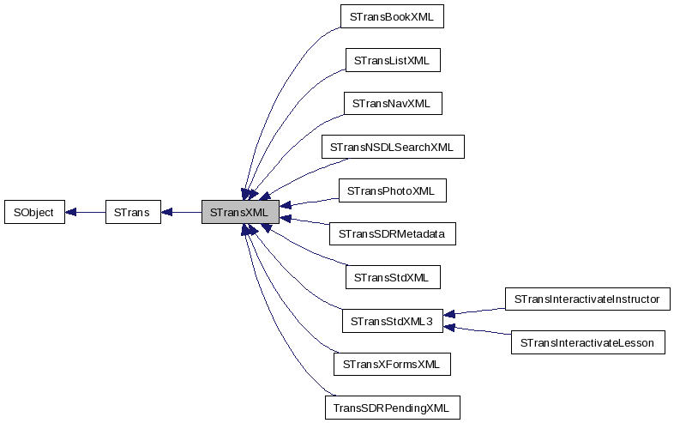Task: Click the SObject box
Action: click(34, 212)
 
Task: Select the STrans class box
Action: click(132, 212)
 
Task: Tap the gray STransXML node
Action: click(240, 212)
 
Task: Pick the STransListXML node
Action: click(392, 60)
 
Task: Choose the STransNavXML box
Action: click(392, 104)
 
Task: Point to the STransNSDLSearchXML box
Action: click(392, 147)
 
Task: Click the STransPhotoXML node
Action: click(392, 190)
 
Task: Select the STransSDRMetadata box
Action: click(392, 233)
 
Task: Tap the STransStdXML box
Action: click(392, 277)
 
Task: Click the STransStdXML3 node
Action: click(392, 321)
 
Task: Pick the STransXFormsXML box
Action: click(392, 364)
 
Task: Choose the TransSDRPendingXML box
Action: click(392, 407)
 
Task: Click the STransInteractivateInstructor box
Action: click(587, 299)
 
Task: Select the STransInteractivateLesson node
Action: click(587, 342)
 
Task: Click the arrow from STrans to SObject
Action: click(85, 212)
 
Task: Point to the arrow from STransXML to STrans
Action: click(182, 212)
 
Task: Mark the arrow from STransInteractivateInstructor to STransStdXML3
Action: click(476, 311)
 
